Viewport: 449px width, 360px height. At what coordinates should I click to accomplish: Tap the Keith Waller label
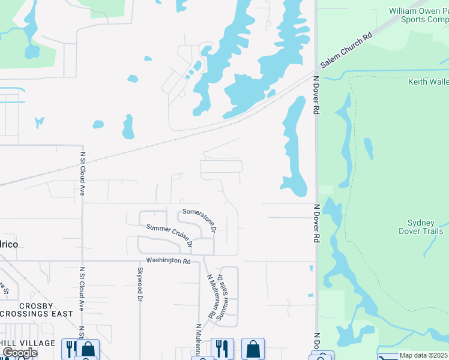click(x=428, y=82)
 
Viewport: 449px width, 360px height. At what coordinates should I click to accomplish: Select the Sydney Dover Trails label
click(x=421, y=227)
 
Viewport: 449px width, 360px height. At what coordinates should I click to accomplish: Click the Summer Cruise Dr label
click(x=170, y=235)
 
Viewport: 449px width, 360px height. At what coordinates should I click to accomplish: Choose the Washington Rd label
click(x=168, y=261)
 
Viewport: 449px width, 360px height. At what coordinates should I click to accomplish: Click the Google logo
click(x=19, y=353)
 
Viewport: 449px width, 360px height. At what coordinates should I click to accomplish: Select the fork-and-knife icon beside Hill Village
click(x=71, y=348)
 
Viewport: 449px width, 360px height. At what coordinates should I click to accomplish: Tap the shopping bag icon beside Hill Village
click(x=89, y=348)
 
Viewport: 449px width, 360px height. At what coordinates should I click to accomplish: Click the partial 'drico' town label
click(x=7, y=244)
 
